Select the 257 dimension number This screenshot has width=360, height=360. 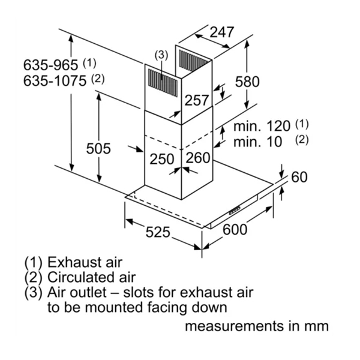tap(196, 101)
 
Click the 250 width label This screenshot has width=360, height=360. tap(162, 159)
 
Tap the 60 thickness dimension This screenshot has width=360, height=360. tap(299, 177)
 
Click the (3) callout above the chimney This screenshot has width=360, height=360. tap(161, 55)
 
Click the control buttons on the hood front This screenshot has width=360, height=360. tap(235, 210)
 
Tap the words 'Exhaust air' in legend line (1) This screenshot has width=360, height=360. tap(85, 262)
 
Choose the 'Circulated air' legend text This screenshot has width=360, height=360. tap(91, 278)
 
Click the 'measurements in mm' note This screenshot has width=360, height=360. tap(257, 326)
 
